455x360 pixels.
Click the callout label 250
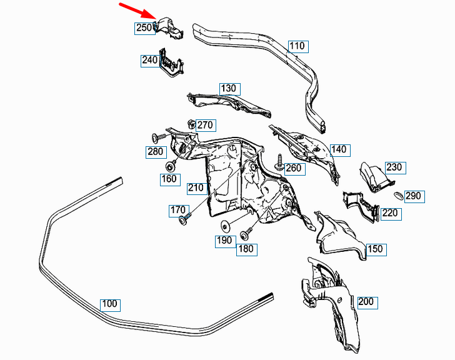pyautogui.click(x=144, y=27)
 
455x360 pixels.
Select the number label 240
pyautogui.click(x=149, y=61)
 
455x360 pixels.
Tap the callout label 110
pyautogui.click(x=297, y=46)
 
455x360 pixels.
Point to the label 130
pyautogui.click(x=229, y=88)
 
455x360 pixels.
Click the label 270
pyautogui.click(x=205, y=125)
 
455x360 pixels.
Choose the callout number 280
pyautogui.click(x=155, y=151)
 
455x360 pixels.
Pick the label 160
pyautogui.click(x=168, y=179)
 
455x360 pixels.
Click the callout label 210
pyautogui.click(x=195, y=187)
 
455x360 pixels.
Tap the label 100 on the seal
pyautogui.click(x=109, y=304)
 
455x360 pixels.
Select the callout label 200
pyautogui.click(x=366, y=302)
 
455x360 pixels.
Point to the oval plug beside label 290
pyautogui.click(x=396, y=196)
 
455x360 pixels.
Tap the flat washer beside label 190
pyautogui.click(x=225, y=226)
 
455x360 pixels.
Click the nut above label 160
pyautogui.click(x=170, y=166)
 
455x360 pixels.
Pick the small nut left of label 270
pyautogui.click(x=191, y=123)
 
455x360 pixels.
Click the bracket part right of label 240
pyautogui.click(x=171, y=65)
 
